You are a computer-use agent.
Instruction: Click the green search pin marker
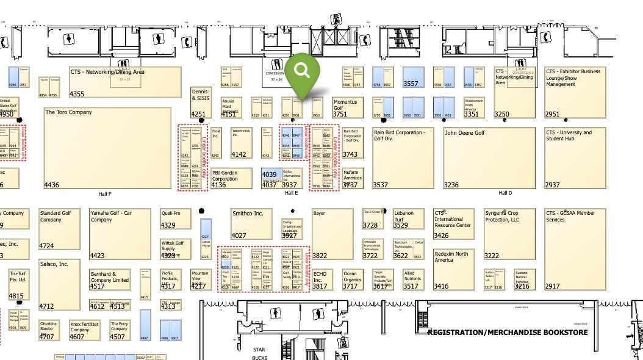(302, 72)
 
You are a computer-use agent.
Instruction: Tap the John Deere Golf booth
(480, 157)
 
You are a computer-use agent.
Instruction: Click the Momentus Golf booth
(348, 107)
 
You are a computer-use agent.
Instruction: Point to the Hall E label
(292, 193)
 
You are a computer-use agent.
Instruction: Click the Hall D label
(505, 193)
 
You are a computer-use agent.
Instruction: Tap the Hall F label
(105, 193)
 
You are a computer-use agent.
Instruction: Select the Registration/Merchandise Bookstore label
(508, 333)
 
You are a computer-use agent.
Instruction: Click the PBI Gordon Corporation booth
(231, 179)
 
